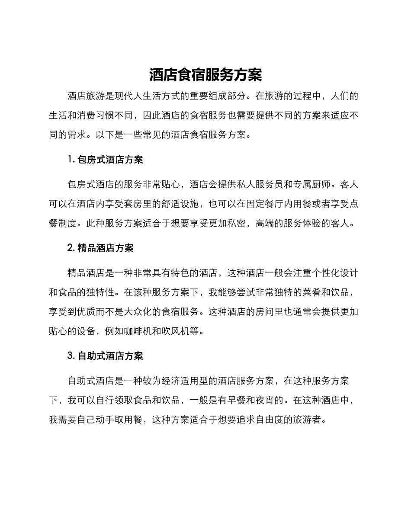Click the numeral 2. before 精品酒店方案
tap(71, 248)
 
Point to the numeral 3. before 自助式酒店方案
tap(71, 356)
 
